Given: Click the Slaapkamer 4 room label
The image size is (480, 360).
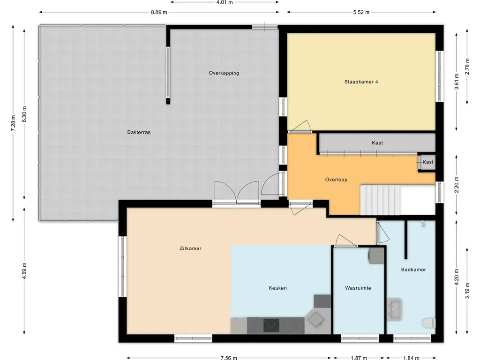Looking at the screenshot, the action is point(361,82).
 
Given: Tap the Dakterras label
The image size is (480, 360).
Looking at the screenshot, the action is point(139,132).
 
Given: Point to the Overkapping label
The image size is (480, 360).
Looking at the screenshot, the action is point(224,73).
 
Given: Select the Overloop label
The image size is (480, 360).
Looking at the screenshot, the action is point(336,180).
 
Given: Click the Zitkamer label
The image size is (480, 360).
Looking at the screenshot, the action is point(190,248).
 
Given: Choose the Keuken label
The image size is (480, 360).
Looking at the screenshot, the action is point(277,288).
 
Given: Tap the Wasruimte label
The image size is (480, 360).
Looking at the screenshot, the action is point(358,288).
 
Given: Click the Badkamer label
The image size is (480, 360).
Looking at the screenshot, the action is point(413,270).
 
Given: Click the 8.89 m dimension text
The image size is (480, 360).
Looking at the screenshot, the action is point(159,12).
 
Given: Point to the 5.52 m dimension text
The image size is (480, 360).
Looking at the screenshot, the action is point(361,12).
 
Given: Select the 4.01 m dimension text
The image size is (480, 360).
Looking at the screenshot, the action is point(225,2).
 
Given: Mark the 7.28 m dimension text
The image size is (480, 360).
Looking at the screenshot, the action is point(13,123).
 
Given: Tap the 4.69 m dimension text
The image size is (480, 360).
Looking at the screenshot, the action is point(24,270).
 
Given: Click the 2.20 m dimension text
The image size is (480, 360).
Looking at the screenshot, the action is point(457,185).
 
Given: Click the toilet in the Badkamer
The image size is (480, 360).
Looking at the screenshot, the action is point(428,322).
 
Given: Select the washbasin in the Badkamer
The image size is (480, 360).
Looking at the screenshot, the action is point(395,309).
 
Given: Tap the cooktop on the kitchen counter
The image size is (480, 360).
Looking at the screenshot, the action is point(271,325).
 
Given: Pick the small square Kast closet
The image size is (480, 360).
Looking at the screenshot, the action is point(427,162).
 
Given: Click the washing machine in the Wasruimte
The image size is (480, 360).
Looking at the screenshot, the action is point(376,255).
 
